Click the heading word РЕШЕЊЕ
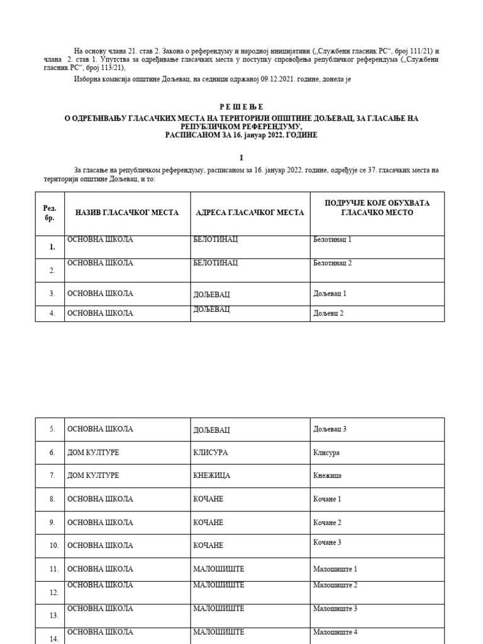241,107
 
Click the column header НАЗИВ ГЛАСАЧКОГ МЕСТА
127,213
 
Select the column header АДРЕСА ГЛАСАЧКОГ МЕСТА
250,213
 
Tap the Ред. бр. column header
50,213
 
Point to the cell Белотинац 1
332,240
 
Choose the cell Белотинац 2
332,263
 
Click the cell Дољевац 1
330,294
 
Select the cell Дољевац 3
330,429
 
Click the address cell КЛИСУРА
211,453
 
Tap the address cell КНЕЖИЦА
212,475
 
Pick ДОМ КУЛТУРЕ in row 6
93,452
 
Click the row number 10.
53,546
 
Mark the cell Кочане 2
327,523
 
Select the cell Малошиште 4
335,632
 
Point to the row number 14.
53,639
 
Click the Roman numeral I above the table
240,158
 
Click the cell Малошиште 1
335,569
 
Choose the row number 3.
53,294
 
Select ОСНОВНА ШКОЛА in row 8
100,499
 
